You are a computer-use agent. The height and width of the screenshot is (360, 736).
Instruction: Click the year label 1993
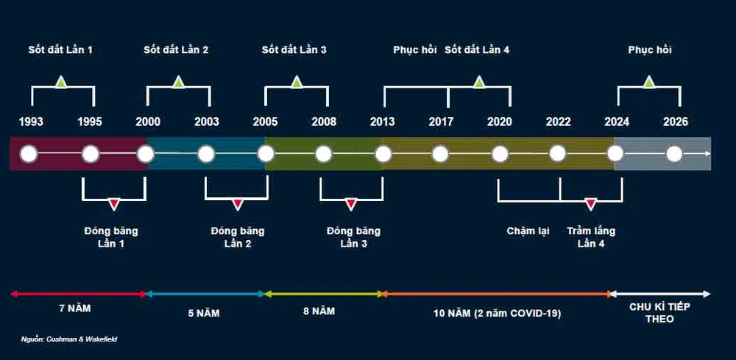[31, 121]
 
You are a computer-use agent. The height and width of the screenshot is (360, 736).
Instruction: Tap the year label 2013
[382, 121]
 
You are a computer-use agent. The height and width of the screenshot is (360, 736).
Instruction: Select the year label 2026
[675, 121]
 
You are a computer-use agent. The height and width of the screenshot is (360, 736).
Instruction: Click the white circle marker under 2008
[324, 154]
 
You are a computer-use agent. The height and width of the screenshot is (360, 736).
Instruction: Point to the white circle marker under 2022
[557, 154]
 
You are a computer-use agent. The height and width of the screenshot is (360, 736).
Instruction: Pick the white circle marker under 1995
[91, 154]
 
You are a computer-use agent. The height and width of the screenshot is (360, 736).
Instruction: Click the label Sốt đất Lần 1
[60, 50]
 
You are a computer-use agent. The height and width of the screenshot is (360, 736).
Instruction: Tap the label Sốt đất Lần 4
[477, 50]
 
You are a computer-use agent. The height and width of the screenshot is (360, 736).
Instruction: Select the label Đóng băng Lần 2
[237, 237]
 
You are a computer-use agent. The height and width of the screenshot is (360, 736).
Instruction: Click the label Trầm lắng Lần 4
[591, 237]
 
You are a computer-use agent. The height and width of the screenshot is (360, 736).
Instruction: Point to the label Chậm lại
[528, 231]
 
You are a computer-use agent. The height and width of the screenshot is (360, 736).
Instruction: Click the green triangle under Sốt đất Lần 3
[297, 82]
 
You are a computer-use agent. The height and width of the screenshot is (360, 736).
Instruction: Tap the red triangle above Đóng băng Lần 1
[113, 204]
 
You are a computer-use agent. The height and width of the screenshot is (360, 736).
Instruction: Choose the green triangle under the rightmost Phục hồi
[648, 82]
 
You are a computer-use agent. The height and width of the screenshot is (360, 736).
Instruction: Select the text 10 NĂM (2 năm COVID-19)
[498, 313]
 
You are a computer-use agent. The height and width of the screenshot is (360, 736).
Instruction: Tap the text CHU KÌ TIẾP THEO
[659, 313]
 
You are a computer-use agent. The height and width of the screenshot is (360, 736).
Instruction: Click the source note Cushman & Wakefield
[68, 339]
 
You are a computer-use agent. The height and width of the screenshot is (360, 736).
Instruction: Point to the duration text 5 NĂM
[203, 313]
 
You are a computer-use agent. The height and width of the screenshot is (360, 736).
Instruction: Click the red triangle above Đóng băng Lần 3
[351, 204]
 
